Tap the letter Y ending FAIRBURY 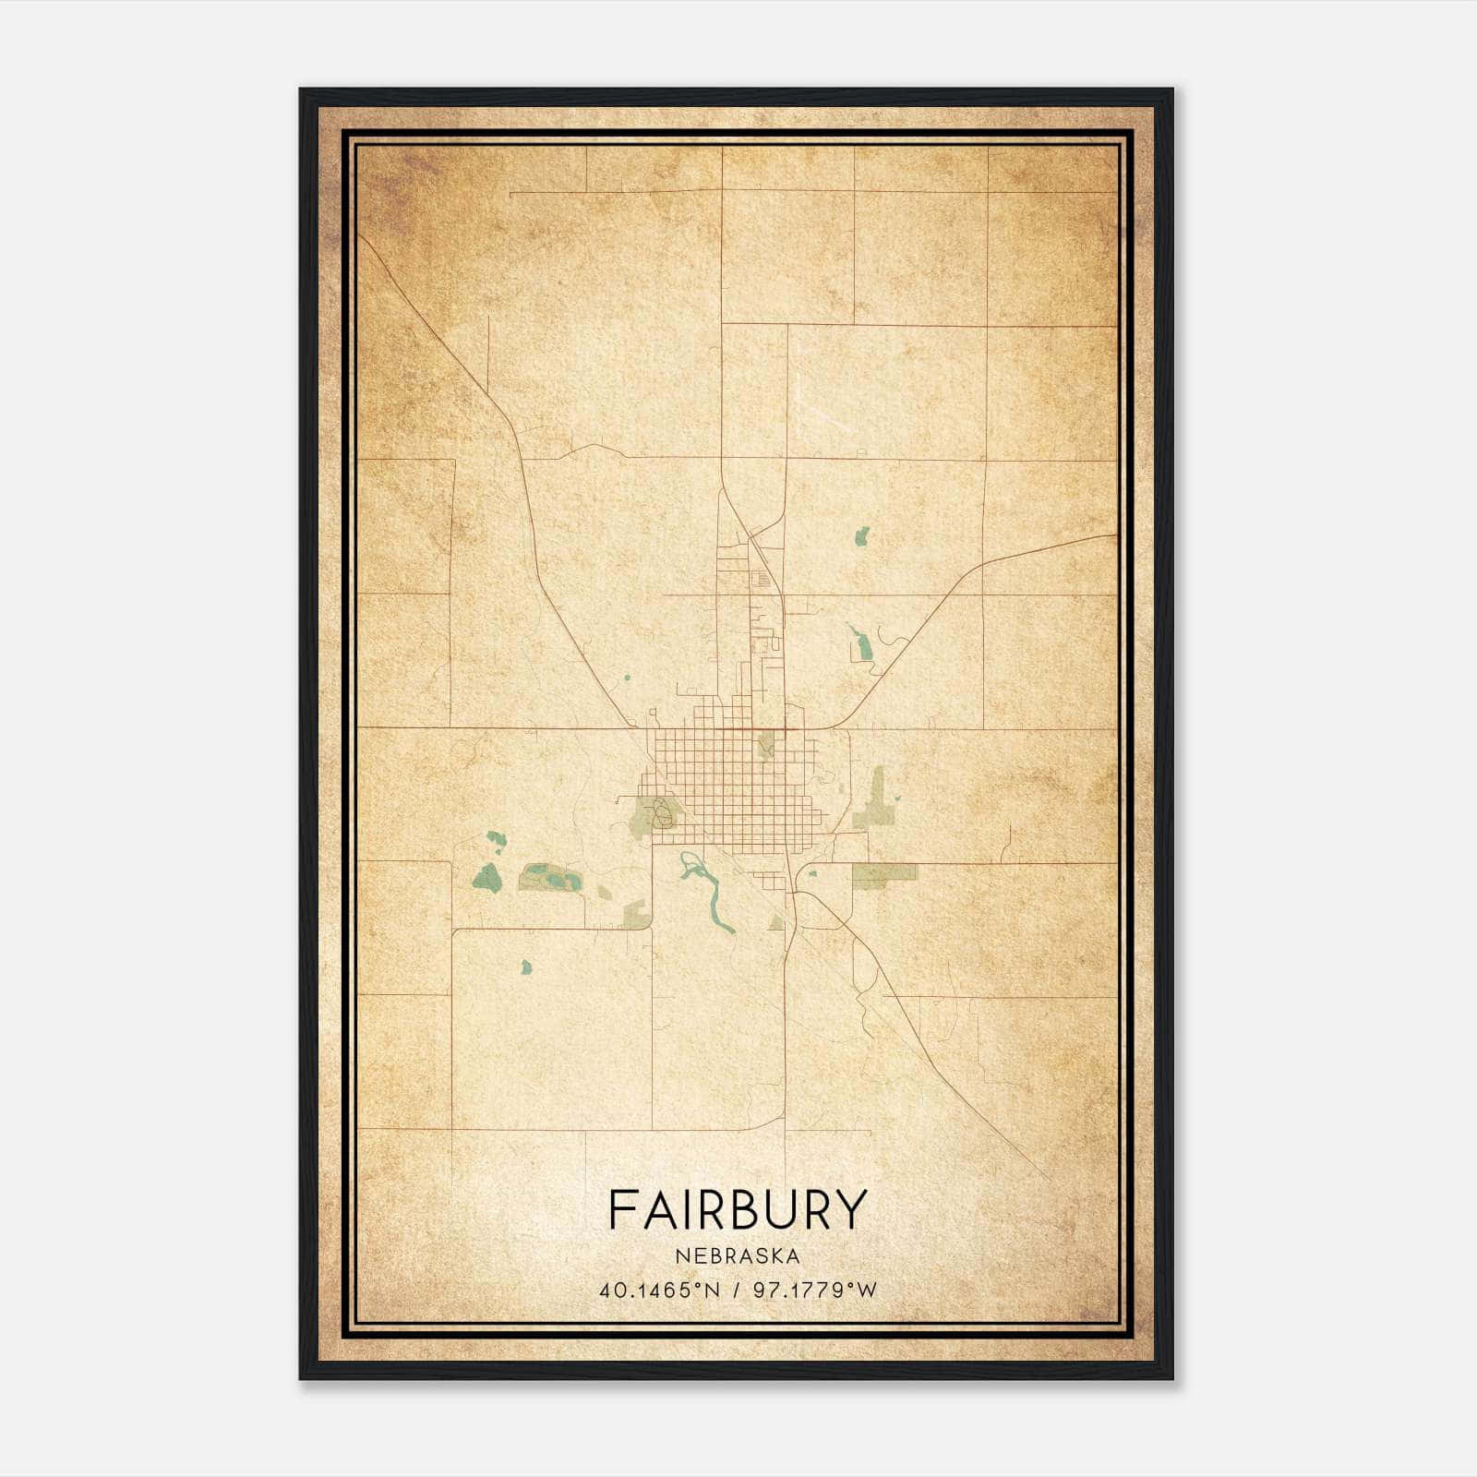[851, 1209]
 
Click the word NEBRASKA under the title [737, 1255]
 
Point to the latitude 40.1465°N [658, 1290]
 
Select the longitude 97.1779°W [814, 1290]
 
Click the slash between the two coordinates [737, 1290]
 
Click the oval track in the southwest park [661, 813]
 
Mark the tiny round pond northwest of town [626, 678]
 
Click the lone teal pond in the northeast [862, 535]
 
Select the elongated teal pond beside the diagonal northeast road [861, 642]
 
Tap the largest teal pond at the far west [485, 877]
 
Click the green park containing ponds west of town [551, 877]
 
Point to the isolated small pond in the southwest [526, 967]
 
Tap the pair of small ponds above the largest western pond [497, 839]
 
